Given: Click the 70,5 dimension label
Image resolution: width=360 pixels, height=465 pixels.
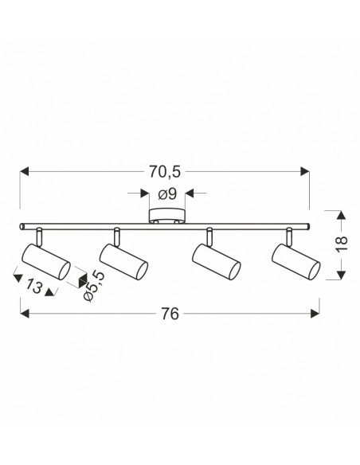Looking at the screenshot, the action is tap(165, 172).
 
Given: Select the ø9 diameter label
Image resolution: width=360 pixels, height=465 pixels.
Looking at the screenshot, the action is tap(167, 194).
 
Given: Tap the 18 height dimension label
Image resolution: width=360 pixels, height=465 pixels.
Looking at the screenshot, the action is tap(342, 244).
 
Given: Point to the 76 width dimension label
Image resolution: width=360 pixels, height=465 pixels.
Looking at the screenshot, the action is tap(170, 314).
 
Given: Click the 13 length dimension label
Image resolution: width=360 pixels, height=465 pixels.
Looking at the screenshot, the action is tap(33, 287).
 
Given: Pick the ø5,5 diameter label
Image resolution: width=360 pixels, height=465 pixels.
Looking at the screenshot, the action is tap(94, 286).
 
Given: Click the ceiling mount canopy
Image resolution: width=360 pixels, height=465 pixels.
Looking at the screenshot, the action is tap(167, 216).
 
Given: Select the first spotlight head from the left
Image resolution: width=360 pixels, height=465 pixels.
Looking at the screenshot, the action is tap(46, 261).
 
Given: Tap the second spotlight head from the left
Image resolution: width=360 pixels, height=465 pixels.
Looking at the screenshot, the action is tap(123, 261).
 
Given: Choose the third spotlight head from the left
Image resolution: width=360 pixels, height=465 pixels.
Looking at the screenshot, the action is tap(216, 261).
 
